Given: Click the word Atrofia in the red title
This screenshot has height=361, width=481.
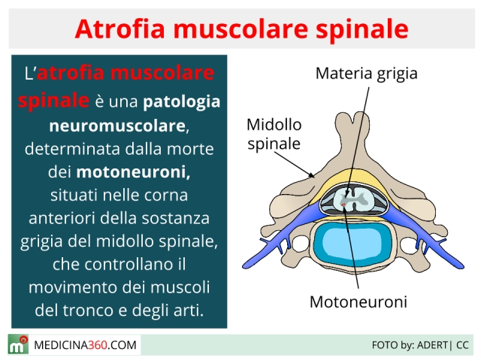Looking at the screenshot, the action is pyautogui.click(x=120, y=29).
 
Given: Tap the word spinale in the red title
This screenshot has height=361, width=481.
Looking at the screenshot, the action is pyautogui.click(x=362, y=30).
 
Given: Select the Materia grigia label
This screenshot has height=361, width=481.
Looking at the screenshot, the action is pyautogui.click(x=367, y=74).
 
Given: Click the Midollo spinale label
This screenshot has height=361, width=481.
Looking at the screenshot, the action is pyautogui.click(x=274, y=134).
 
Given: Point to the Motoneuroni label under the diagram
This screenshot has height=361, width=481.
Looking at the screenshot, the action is pyautogui.click(x=358, y=302).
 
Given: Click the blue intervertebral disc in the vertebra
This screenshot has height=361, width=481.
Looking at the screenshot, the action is pyautogui.click(x=352, y=244).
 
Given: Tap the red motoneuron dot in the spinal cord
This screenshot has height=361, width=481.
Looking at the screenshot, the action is pyautogui.click(x=343, y=205).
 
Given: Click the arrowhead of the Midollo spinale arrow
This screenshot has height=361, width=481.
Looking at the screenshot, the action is pyautogui.click(x=312, y=175).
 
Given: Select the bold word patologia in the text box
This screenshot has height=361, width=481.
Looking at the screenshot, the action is pyautogui.click(x=182, y=102).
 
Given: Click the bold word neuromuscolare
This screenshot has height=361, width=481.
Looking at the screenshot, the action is pyautogui.click(x=117, y=126).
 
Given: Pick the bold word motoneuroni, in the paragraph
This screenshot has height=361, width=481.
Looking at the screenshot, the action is pyautogui.click(x=133, y=171).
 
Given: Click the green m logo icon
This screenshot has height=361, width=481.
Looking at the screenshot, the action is pyautogui.click(x=18, y=344).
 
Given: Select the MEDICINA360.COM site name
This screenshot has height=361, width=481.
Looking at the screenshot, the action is pyautogui.click(x=85, y=345).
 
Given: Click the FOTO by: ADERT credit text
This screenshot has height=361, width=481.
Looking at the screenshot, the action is pyautogui.click(x=410, y=345).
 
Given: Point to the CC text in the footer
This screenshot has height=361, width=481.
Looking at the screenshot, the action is pyautogui.click(x=462, y=345).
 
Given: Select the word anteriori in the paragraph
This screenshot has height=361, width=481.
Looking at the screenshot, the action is pyautogui.click(x=62, y=218).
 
